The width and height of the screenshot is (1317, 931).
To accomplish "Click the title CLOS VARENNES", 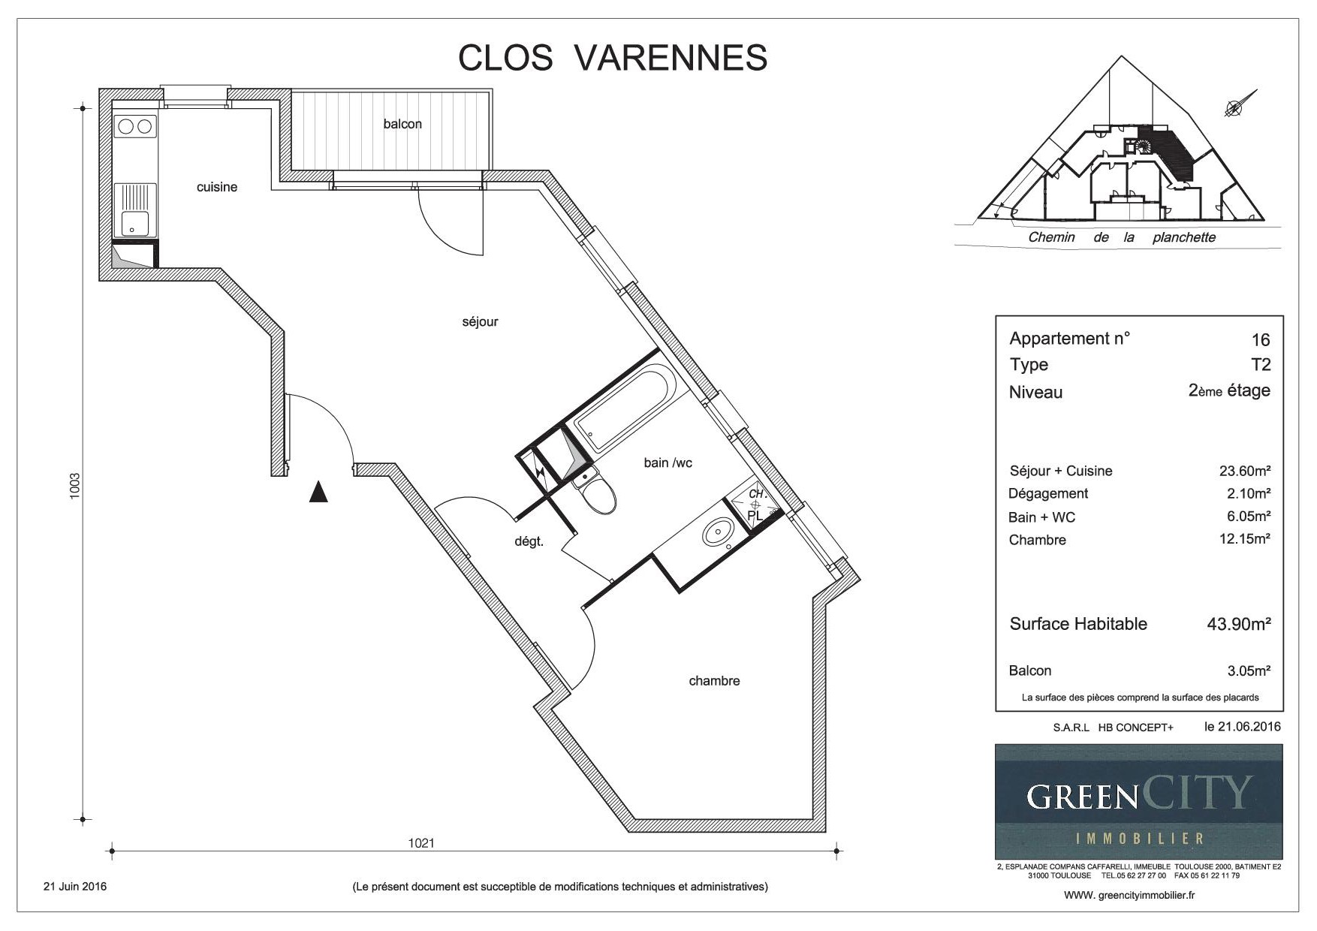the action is pyautogui.click(x=613, y=58).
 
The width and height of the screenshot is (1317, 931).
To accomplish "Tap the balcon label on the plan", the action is pyautogui.click(x=402, y=124).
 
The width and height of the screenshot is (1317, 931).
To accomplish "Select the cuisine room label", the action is pyautogui.click(x=217, y=187).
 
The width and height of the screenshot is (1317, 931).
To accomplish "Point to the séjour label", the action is pyautogui.click(x=481, y=322).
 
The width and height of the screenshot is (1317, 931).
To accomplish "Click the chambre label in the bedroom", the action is pyautogui.click(x=714, y=681).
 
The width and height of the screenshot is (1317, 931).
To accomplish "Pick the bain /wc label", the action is pyautogui.click(x=668, y=462).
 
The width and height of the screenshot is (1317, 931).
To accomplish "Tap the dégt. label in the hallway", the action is pyautogui.click(x=529, y=541).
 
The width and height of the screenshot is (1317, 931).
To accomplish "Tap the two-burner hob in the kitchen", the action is pyautogui.click(x=135, y=126).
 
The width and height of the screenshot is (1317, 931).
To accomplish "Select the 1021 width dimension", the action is pyautogui.click(x=421, y=842).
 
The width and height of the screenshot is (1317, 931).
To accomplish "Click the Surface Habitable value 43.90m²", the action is pyautogui.click(x=1238, y=623).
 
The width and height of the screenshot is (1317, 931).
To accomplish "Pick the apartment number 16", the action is pyautogui.click(x=1261, y=340).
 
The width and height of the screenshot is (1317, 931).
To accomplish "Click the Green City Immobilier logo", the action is pyautogui.click(x=1138, y=801).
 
